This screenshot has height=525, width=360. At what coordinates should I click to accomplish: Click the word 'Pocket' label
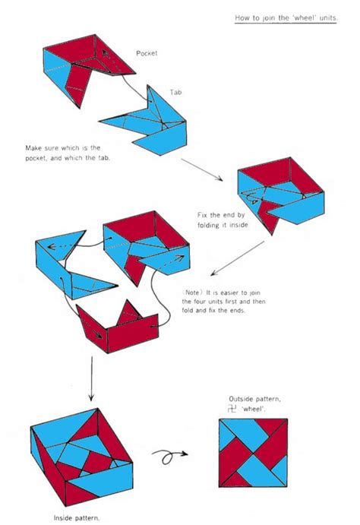point(147,53)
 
